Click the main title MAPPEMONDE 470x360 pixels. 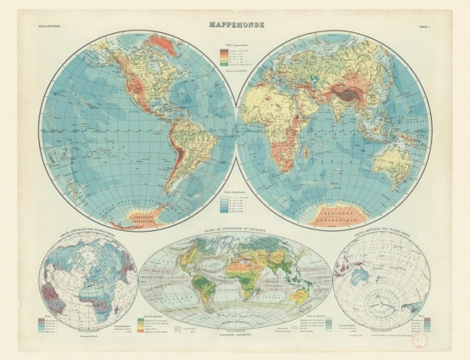point(235,25)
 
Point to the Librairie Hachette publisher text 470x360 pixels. point(234,334)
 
